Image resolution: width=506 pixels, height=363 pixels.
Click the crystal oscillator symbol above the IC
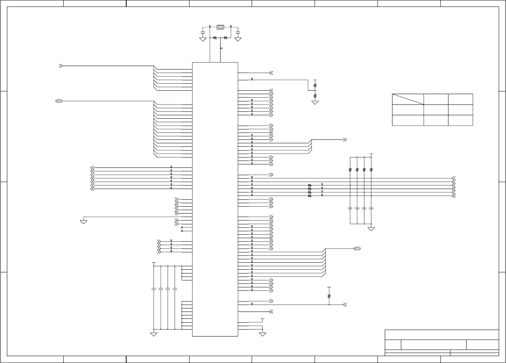click(220, 27)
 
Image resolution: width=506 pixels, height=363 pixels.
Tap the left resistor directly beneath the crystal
click(215, 38)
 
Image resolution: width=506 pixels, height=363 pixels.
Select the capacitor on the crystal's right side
click(238, 31)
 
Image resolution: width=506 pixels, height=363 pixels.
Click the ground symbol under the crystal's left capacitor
click(203, 39)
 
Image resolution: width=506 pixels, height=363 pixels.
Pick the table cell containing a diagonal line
click(408, 99)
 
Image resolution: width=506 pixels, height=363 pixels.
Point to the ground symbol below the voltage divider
click(315, 103)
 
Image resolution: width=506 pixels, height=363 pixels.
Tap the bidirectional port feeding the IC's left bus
click(59, 101)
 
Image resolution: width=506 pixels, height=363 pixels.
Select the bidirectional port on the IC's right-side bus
click(357, 249)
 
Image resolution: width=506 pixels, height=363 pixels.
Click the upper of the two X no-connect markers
click(181, 227)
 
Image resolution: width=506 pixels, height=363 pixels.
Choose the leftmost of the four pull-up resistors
click(350, 169)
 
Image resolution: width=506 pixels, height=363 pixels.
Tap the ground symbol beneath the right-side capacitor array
click(371, 229)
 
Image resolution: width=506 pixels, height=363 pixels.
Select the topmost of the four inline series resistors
click(310, 186)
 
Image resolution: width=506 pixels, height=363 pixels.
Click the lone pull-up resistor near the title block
click(329, 296)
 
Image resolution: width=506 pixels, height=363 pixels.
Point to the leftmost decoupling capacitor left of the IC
click(154, 288)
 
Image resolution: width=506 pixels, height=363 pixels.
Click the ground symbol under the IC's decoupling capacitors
click(154, 334)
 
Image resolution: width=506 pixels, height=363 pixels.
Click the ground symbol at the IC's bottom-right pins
click(263, 334)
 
